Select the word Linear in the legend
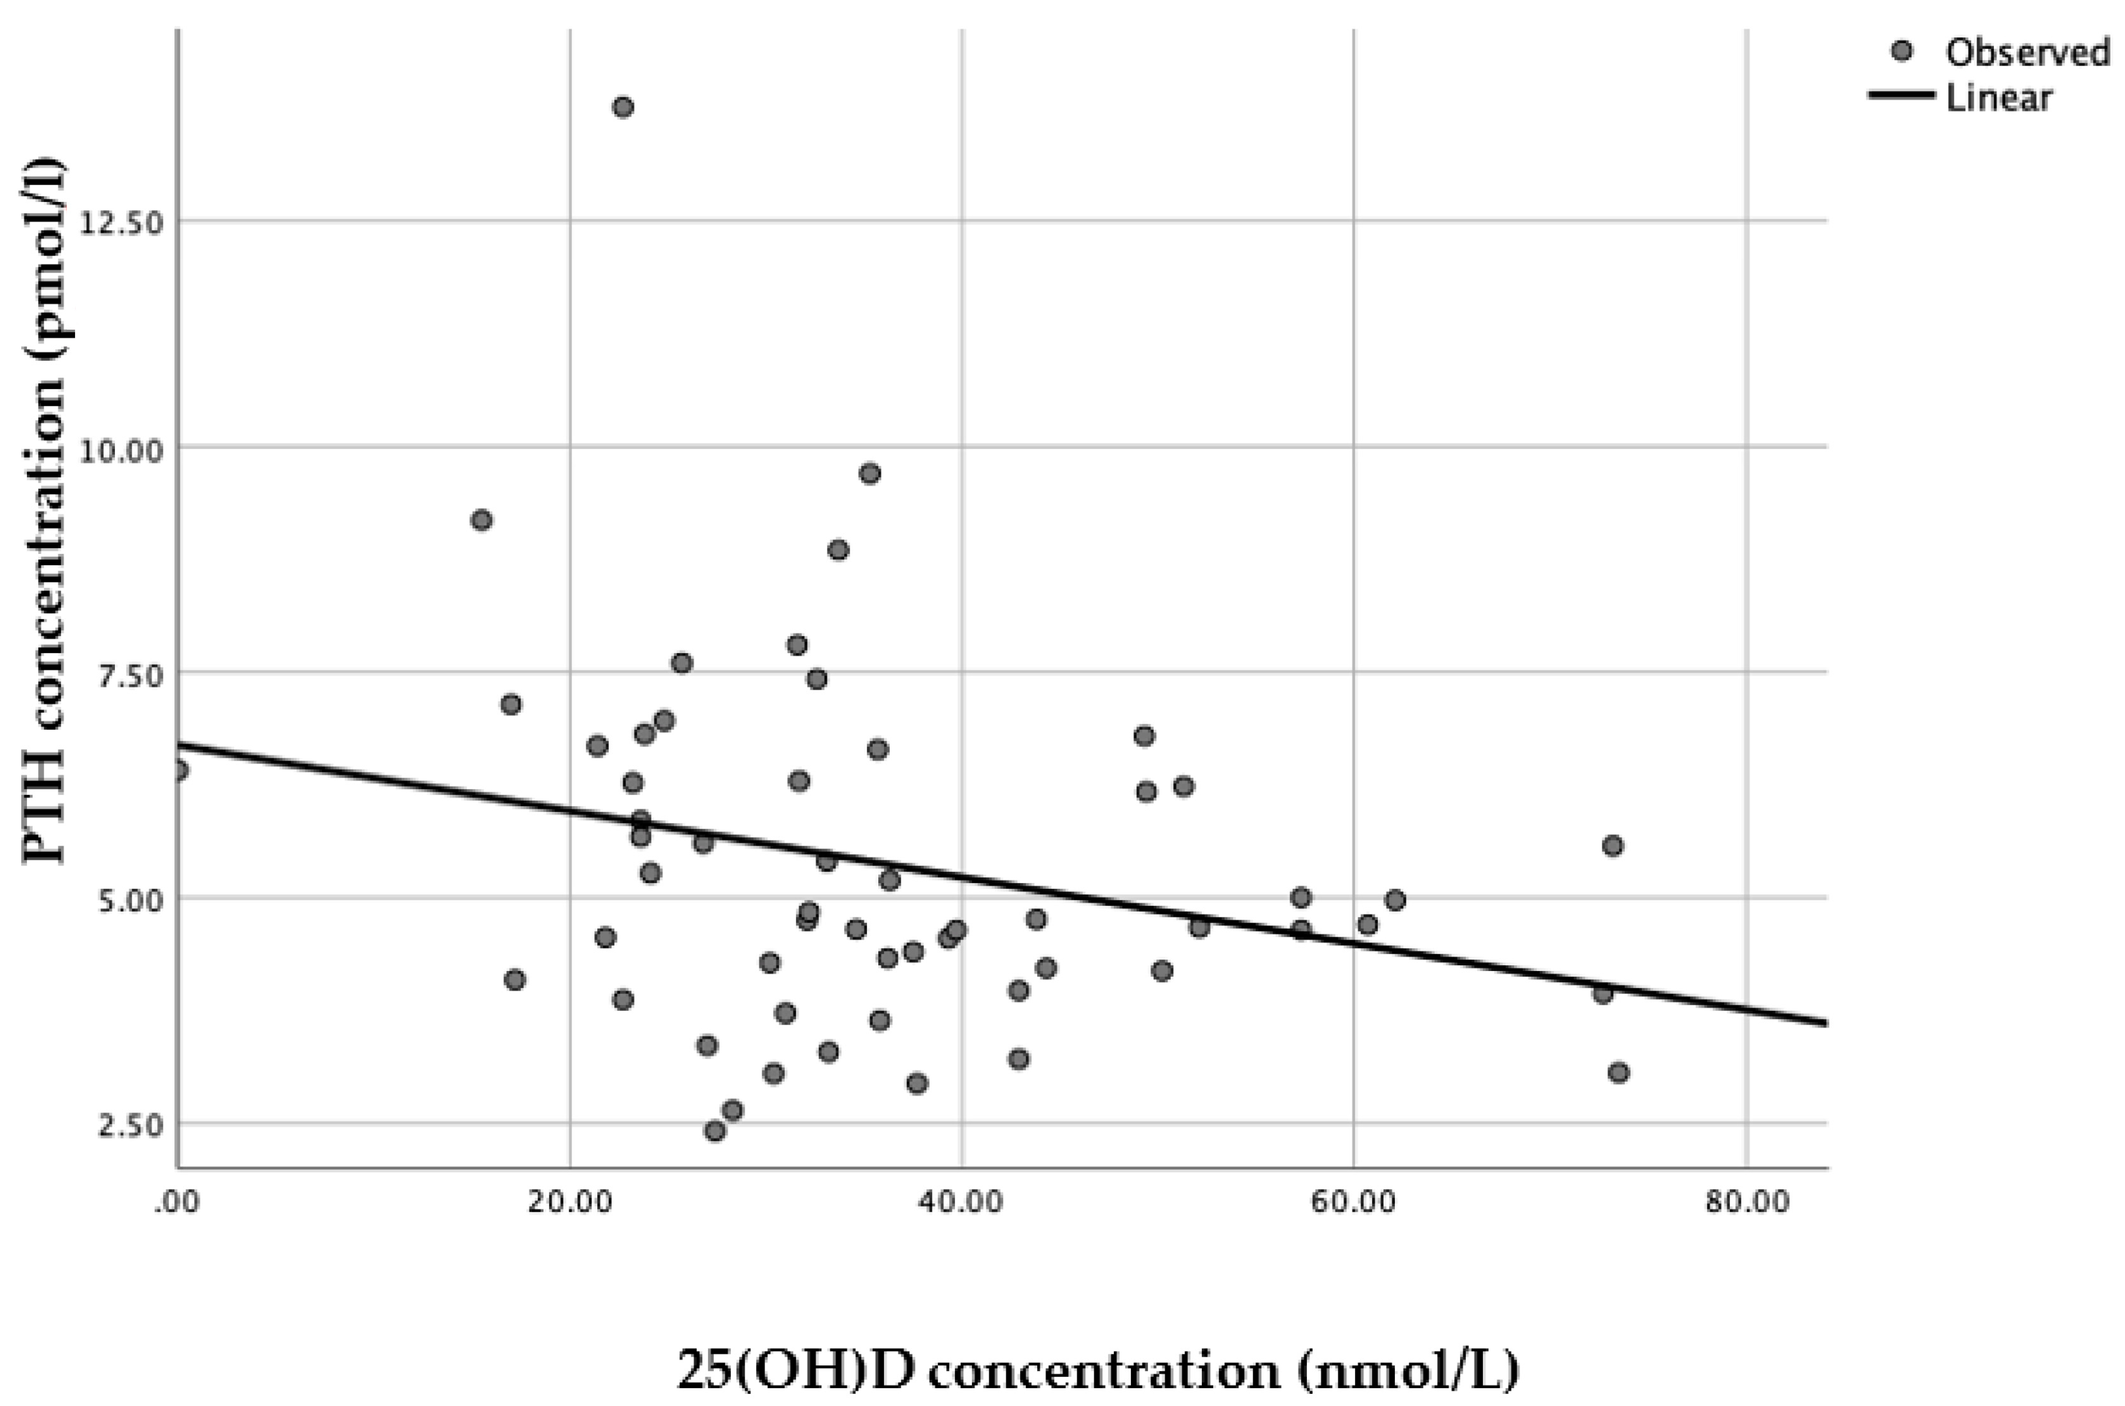click(1998, 98)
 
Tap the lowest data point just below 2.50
click(715, 1131)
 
